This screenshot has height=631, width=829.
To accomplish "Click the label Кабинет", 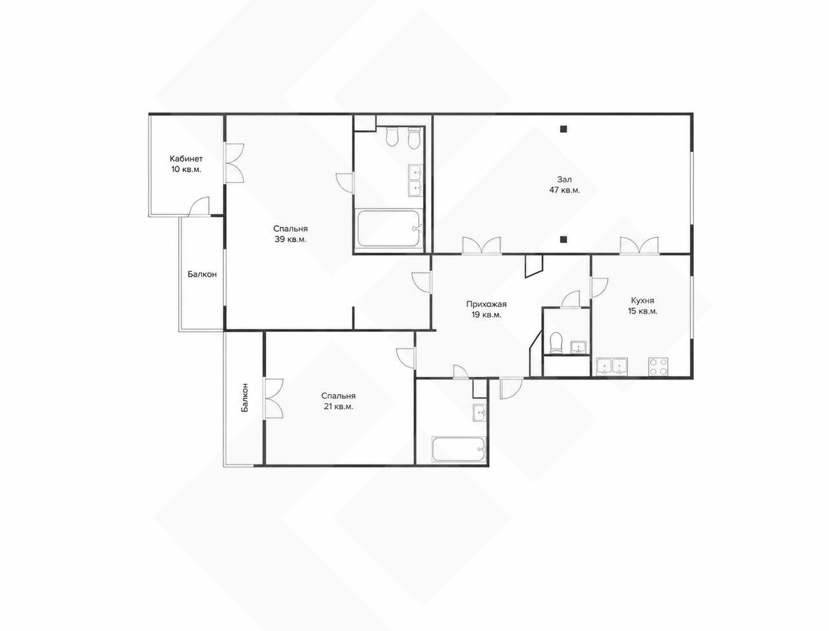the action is tap(186, 159).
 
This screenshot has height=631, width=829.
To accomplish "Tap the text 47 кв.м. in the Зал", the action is tap(564, 190).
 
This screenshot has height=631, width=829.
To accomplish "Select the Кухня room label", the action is tap(642, 301).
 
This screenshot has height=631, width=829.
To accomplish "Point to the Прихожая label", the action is tap(486, 304).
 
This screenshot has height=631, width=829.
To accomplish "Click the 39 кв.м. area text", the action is tap(290, 240).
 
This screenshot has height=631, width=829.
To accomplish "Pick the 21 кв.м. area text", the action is tap(338, 407).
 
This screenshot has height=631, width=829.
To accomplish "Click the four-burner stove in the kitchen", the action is tap(658, 366).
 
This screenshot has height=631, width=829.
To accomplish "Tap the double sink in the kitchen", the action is tap(611, 367).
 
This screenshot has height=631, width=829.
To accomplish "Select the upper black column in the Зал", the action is tap(563, 129).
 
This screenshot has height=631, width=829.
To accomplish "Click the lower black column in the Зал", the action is tap(563, 238).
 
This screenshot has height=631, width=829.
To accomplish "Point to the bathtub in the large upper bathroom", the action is tap(389, 229).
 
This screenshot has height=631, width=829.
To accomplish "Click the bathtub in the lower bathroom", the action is tap(459, 449).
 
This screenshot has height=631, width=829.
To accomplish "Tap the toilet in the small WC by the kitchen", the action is tap(556, 343).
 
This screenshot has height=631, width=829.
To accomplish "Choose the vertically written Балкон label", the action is tap(245, 397).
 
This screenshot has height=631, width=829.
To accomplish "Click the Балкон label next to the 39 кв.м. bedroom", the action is tap(202, 274).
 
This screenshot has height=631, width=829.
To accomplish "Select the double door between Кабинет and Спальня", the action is tap(234, 163).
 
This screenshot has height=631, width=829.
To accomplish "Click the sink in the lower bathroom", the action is tap(479, 413).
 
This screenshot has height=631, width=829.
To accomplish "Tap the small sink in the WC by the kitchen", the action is tap(578, 347).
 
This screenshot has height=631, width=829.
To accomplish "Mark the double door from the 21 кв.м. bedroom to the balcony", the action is tap(273, 398).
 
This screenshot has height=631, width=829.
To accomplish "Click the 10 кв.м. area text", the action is tap(186, 169).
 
